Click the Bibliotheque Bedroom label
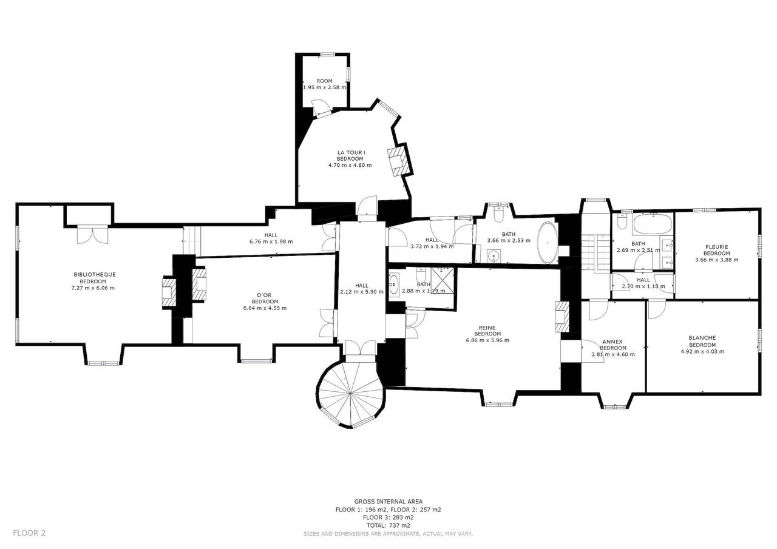tap(94, 278)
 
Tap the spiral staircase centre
tap(350, 394)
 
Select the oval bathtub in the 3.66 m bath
tap(548, 243)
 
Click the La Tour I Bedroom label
tap(350, 156)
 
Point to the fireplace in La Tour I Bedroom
tap(396, 162)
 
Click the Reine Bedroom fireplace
tap(562, 317)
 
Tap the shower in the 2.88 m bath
tap(443, 280)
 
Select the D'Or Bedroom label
tap(265, 298)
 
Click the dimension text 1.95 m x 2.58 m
tap(325, 87)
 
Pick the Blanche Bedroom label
tap(702, 342)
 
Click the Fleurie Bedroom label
tap(717, 250)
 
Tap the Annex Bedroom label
tap(613, 345)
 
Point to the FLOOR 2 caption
tap(29, 533)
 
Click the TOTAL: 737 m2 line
tap(388, 525)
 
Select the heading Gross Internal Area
tap(388, 501)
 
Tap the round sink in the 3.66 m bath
tap(493, 257)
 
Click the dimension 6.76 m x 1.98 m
tap(271, 241)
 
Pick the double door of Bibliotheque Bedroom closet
tap(92, 234)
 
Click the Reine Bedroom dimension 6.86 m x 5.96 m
tap(487, 340)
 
